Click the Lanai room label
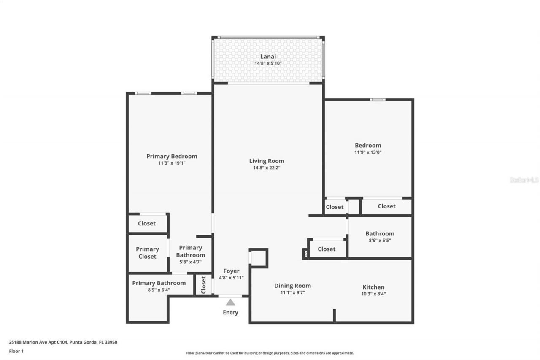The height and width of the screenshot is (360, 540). [x=268, y=56]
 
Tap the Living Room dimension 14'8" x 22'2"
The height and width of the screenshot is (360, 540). [x=266, y=168]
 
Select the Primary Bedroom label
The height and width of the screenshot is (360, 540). [x=172, y=156]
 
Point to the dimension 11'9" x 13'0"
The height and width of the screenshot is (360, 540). [x=368, y=152]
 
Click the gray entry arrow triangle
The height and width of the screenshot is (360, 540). [x=230, y=302]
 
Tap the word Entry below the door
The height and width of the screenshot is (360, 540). [x=230, y=313]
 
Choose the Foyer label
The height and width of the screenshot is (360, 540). [x=231, y=271]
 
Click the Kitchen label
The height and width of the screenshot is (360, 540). [x=373, y=287]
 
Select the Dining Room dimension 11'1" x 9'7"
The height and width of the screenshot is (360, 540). [x=292, y=292]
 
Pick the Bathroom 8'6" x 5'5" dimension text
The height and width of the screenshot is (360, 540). [x=380, y=240]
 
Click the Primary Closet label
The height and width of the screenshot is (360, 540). [x=147, y=253]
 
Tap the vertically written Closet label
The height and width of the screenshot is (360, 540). [x=203, y=285]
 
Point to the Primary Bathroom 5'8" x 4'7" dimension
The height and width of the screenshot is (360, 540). [x=190, y=262]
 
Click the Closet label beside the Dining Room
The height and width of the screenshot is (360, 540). [x=326, y=249]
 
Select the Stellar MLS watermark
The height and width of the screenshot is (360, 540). [x=524, y=180]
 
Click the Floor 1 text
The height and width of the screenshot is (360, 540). [x=16, y=351]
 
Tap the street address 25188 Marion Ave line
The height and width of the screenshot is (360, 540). [x=63, y=342]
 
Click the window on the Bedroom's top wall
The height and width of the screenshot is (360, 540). [x=378, y=100]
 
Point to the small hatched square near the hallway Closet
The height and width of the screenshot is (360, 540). [x=305, y=253]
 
